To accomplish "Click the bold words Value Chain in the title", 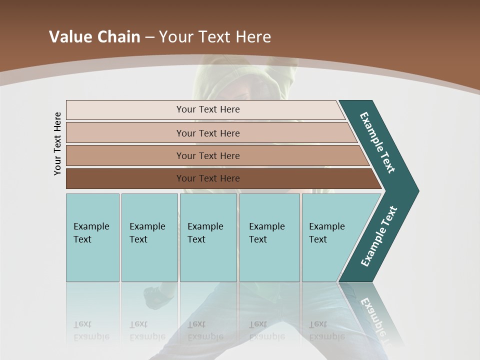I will click(x=94, y=37).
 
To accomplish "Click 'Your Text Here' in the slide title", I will click(x=215, y=37).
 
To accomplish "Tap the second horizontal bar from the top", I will click(x=208, y=133).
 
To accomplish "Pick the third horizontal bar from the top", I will click(x=208, y=155).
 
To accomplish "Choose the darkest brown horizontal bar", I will click(x=208, y=178).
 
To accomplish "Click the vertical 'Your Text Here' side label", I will click(x=57, y=143).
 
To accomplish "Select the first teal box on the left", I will click(x=92, y=237).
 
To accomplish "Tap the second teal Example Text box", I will click(x=149, y=237).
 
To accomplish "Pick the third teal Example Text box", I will click(x=208, y=237).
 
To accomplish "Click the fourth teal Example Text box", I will click(x=269, y=237).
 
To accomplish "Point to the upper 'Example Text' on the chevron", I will click(x=377, y=142).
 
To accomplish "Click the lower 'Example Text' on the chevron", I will click(x=379, y=236).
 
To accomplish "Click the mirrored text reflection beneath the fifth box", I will click(x=326, y=330).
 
